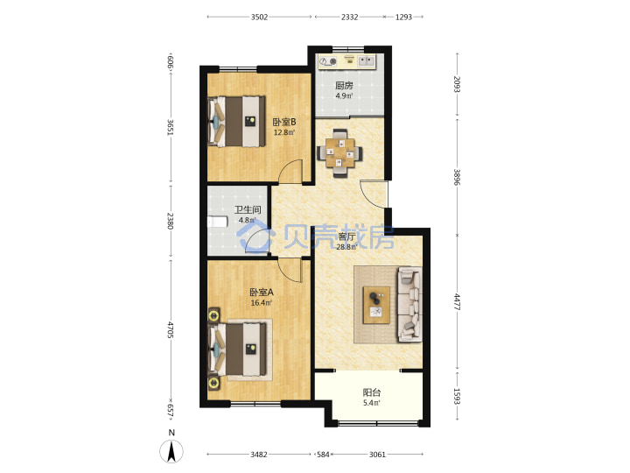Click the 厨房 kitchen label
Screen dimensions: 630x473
pos(344,85)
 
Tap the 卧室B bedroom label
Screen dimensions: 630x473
pos(284,122)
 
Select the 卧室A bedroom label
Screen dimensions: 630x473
pos(262,292)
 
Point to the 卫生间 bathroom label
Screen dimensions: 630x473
pos(248,209)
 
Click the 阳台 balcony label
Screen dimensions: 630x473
pos(372,392)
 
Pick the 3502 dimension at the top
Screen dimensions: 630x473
pos(259,17)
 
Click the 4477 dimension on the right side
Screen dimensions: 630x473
pos(457,301)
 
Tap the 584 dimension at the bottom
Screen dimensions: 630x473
pos(323,455)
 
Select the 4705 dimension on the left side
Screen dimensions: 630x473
pos(170,329)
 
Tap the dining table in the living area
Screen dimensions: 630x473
pos(339,152)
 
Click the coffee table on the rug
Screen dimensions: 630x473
pos(376,305)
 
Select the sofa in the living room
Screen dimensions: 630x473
pos(409,305)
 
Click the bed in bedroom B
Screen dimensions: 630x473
pos(236,122)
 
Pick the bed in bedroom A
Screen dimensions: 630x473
pos(237,349)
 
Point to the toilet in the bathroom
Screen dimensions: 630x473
pos(217,222)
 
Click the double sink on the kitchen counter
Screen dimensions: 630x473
pos(366,61)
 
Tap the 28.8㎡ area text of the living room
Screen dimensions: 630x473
pos(346,247)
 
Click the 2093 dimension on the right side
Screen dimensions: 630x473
pos(457,84)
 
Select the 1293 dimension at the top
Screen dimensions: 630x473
pos(403,17)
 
